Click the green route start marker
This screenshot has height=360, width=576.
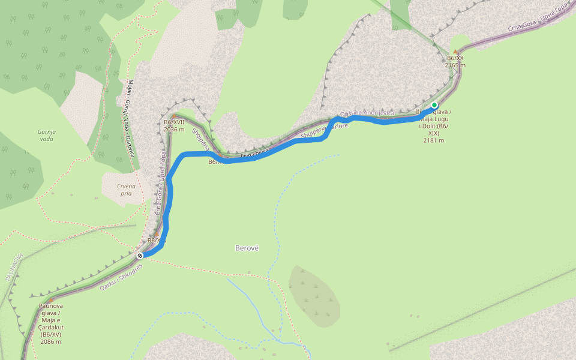tap(434, 105)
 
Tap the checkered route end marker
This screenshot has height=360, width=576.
tap(140, 255)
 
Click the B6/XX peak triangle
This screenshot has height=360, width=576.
tap(455, 52)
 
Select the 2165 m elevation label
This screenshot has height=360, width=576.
tap(455, 65)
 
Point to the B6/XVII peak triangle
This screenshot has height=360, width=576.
tap(173, 115)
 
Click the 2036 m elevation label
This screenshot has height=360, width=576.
tap(174, 128)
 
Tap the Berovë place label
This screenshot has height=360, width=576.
tap(246, 248)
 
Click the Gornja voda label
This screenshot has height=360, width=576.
tap(46, 135)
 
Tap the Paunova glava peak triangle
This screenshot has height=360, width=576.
tap(51, 300)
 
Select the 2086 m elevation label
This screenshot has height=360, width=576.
tap(51, 341)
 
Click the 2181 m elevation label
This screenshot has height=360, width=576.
tap(433, 140)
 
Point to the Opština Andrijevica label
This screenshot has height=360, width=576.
tap(367, 113)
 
